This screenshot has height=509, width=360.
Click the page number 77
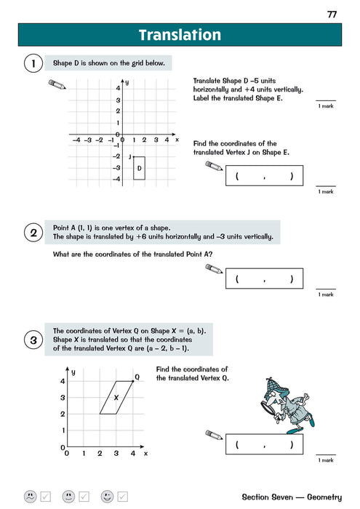[332, 15]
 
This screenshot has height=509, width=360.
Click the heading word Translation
[180, 35]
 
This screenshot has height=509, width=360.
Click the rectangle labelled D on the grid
[139, 169]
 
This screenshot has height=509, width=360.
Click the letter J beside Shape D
[129, 157]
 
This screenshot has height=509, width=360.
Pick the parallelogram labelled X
[116, 397]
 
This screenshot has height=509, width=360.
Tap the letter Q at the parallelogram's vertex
[137, 377]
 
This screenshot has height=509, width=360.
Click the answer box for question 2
[264, 279]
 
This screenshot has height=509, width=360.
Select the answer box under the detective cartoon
[264, 444]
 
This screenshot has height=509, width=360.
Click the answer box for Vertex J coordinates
[264, 177]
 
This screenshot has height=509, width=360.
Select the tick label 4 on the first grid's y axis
[118, 88]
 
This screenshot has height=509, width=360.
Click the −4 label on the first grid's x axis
[76, 140]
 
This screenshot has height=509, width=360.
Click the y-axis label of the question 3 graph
[73, 372]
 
